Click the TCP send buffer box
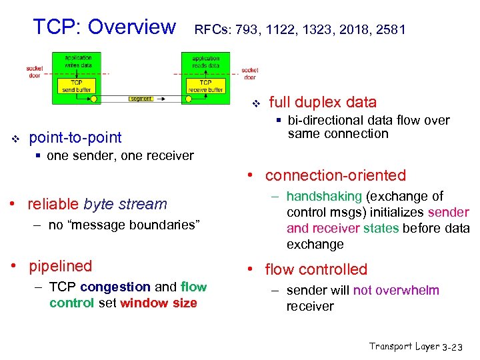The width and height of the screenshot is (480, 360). point(77,86)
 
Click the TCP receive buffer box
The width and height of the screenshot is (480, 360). point(206,86)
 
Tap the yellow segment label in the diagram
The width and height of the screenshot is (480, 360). point(141,99)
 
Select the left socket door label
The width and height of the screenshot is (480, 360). point(35,71)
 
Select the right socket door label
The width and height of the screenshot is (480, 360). point(250,73)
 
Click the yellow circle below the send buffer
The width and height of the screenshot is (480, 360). point(94,99)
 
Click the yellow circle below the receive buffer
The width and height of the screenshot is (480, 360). point(189,99)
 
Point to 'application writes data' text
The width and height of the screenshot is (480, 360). point(79,61)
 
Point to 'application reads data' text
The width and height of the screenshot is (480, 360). point(205,61)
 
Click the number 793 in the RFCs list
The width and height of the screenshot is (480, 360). point(255,29)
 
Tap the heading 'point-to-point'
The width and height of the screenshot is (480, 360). point(75,137)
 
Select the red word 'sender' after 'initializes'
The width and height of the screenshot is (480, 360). point(449,212)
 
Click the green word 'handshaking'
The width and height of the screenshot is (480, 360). point(323,196)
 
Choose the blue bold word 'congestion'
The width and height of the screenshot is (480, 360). point(115,287)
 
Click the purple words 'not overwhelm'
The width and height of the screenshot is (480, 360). point(396,290)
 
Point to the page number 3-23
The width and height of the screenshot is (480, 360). point(457,347)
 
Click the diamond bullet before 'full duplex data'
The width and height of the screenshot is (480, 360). point(254,103)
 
